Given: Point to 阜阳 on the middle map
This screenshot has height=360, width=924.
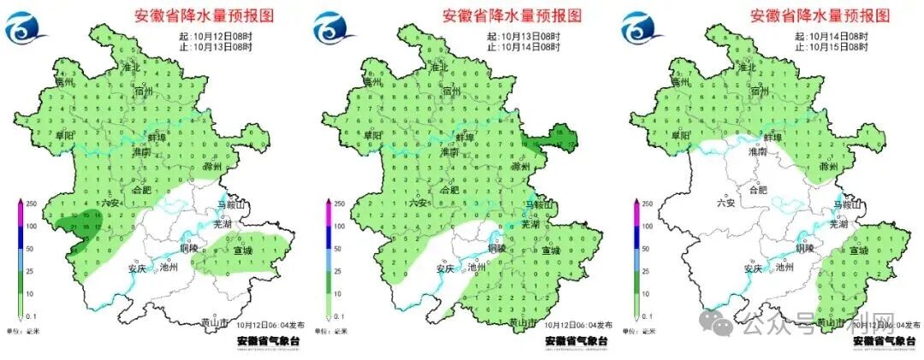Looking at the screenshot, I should tap(372, 136).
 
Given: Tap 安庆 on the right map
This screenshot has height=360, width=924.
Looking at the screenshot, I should tap(752, 268).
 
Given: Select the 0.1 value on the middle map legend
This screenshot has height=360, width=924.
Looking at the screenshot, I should tap(340, 316).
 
